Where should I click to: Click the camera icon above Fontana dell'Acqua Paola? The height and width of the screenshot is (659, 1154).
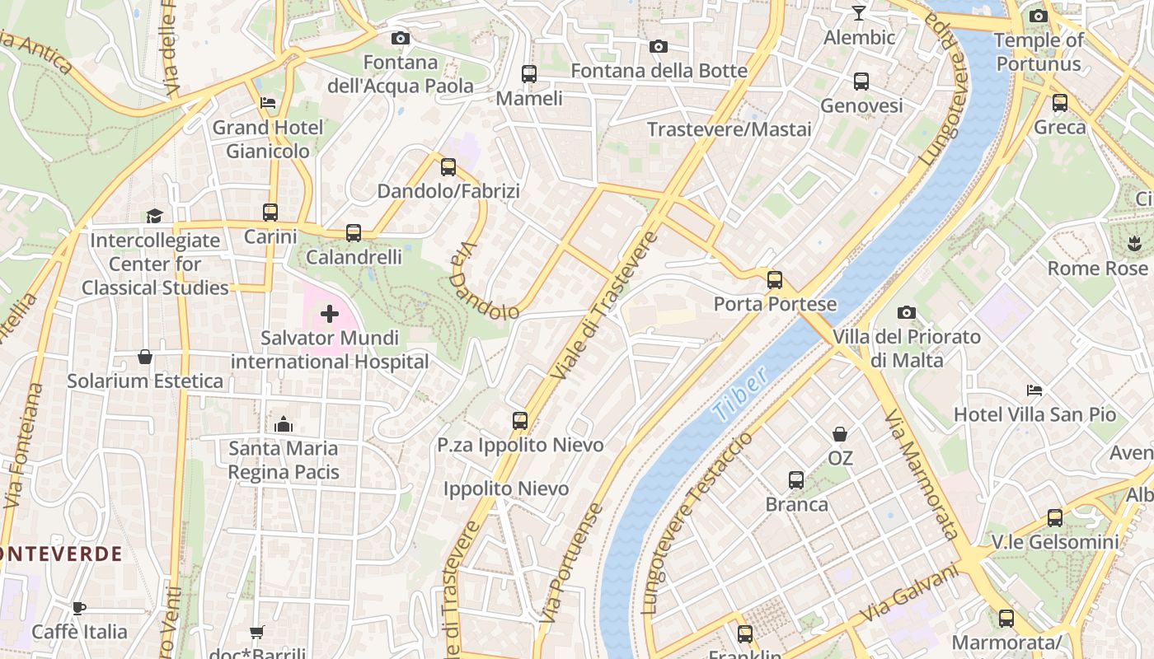pyautogui.click(x=400, y=38)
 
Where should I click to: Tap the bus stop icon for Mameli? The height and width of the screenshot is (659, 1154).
pyautogui.click(x=529, y=74)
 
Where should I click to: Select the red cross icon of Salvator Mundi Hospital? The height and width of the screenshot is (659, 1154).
pyautogui.click(x=330, y=314)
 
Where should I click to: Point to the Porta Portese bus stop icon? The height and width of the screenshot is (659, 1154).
pyautogui.click(x=775, y=279)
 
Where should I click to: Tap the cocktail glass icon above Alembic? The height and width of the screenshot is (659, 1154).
pyautogui.click(x=859, y=13)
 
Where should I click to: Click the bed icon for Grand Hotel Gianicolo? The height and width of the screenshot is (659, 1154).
pyautogui.click(x=268, y=103)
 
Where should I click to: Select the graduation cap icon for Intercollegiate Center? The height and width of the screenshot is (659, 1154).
pyautogui.click(x=154, y=216)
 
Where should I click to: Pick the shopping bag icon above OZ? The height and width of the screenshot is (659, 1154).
pyautogui.click(x=840, y=433)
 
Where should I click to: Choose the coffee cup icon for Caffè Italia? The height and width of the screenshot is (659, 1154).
pyautogui.click(x=79, y=608)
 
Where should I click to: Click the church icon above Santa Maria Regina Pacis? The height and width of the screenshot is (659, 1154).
pyautogui.click(x=284, y=424)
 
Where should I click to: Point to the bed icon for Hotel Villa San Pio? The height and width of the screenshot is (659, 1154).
pyautogui.click(x=1034, y=390)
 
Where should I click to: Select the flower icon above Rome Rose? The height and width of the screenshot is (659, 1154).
pyautogui.click(x=1133, y=244)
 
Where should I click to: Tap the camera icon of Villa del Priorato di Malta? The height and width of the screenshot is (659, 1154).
pyautogui.click(x=907, y=312)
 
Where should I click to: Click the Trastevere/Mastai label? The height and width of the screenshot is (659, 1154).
pyautogui.click(x=729, y=129)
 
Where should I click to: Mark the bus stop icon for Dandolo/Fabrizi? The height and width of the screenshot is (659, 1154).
pyautogui.click(x=448, y=167)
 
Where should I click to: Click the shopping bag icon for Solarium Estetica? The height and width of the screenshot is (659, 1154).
pyautogui.click(x=145, y=357)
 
